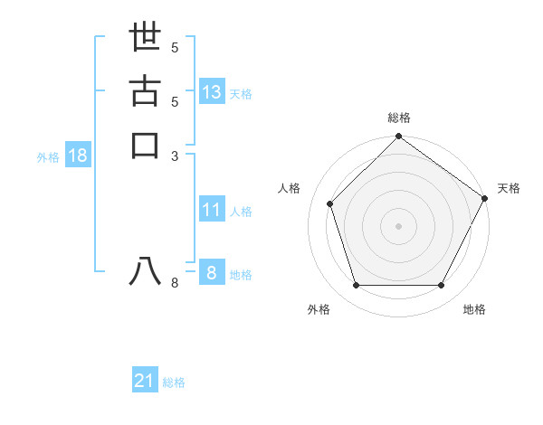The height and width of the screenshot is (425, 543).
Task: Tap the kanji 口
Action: pos(145,145)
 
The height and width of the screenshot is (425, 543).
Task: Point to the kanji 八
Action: pos(145,271)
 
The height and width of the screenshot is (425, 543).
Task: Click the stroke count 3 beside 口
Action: pos(176,155)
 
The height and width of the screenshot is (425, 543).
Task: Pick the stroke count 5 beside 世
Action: pos(176,47)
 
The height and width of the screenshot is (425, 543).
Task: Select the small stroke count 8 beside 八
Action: pos(176,283)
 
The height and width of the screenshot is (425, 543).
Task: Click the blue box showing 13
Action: pos(212,91)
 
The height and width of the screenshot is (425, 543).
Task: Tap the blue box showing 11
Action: pos(212,210)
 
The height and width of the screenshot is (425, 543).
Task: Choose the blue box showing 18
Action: pos(78,156)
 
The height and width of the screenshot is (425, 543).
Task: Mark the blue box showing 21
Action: pos(145,381)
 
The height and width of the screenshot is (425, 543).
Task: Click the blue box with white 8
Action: pos(211,273)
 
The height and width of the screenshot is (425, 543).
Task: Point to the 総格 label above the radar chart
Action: pos(399,118)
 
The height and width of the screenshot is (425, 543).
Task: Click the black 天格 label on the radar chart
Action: pos(510,188)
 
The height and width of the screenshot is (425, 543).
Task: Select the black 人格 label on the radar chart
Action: pos(290,188)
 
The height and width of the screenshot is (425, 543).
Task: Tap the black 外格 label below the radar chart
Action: pos(319,309)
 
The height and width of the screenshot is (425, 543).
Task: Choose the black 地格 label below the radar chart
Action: pos(474,309)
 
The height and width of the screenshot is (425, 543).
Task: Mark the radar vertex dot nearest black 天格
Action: pos(484,198)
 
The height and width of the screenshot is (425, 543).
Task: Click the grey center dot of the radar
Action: pos(398,225)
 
